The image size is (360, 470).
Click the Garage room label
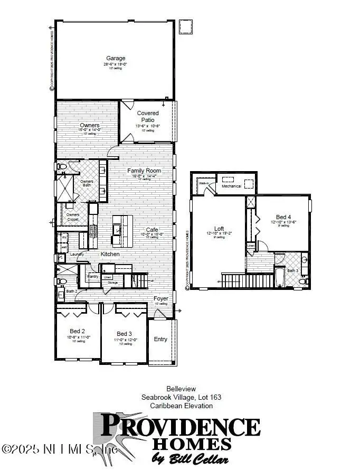[116, 59]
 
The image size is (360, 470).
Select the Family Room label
[144, 171]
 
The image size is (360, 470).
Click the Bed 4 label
[283, 217]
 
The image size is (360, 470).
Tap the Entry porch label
[160, 339]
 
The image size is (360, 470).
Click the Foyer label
[160, 298]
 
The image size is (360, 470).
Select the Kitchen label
[110, 255]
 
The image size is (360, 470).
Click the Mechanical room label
[231, 186]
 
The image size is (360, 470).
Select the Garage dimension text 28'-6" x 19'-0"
[116, 64]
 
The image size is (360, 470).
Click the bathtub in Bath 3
[280, 277]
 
